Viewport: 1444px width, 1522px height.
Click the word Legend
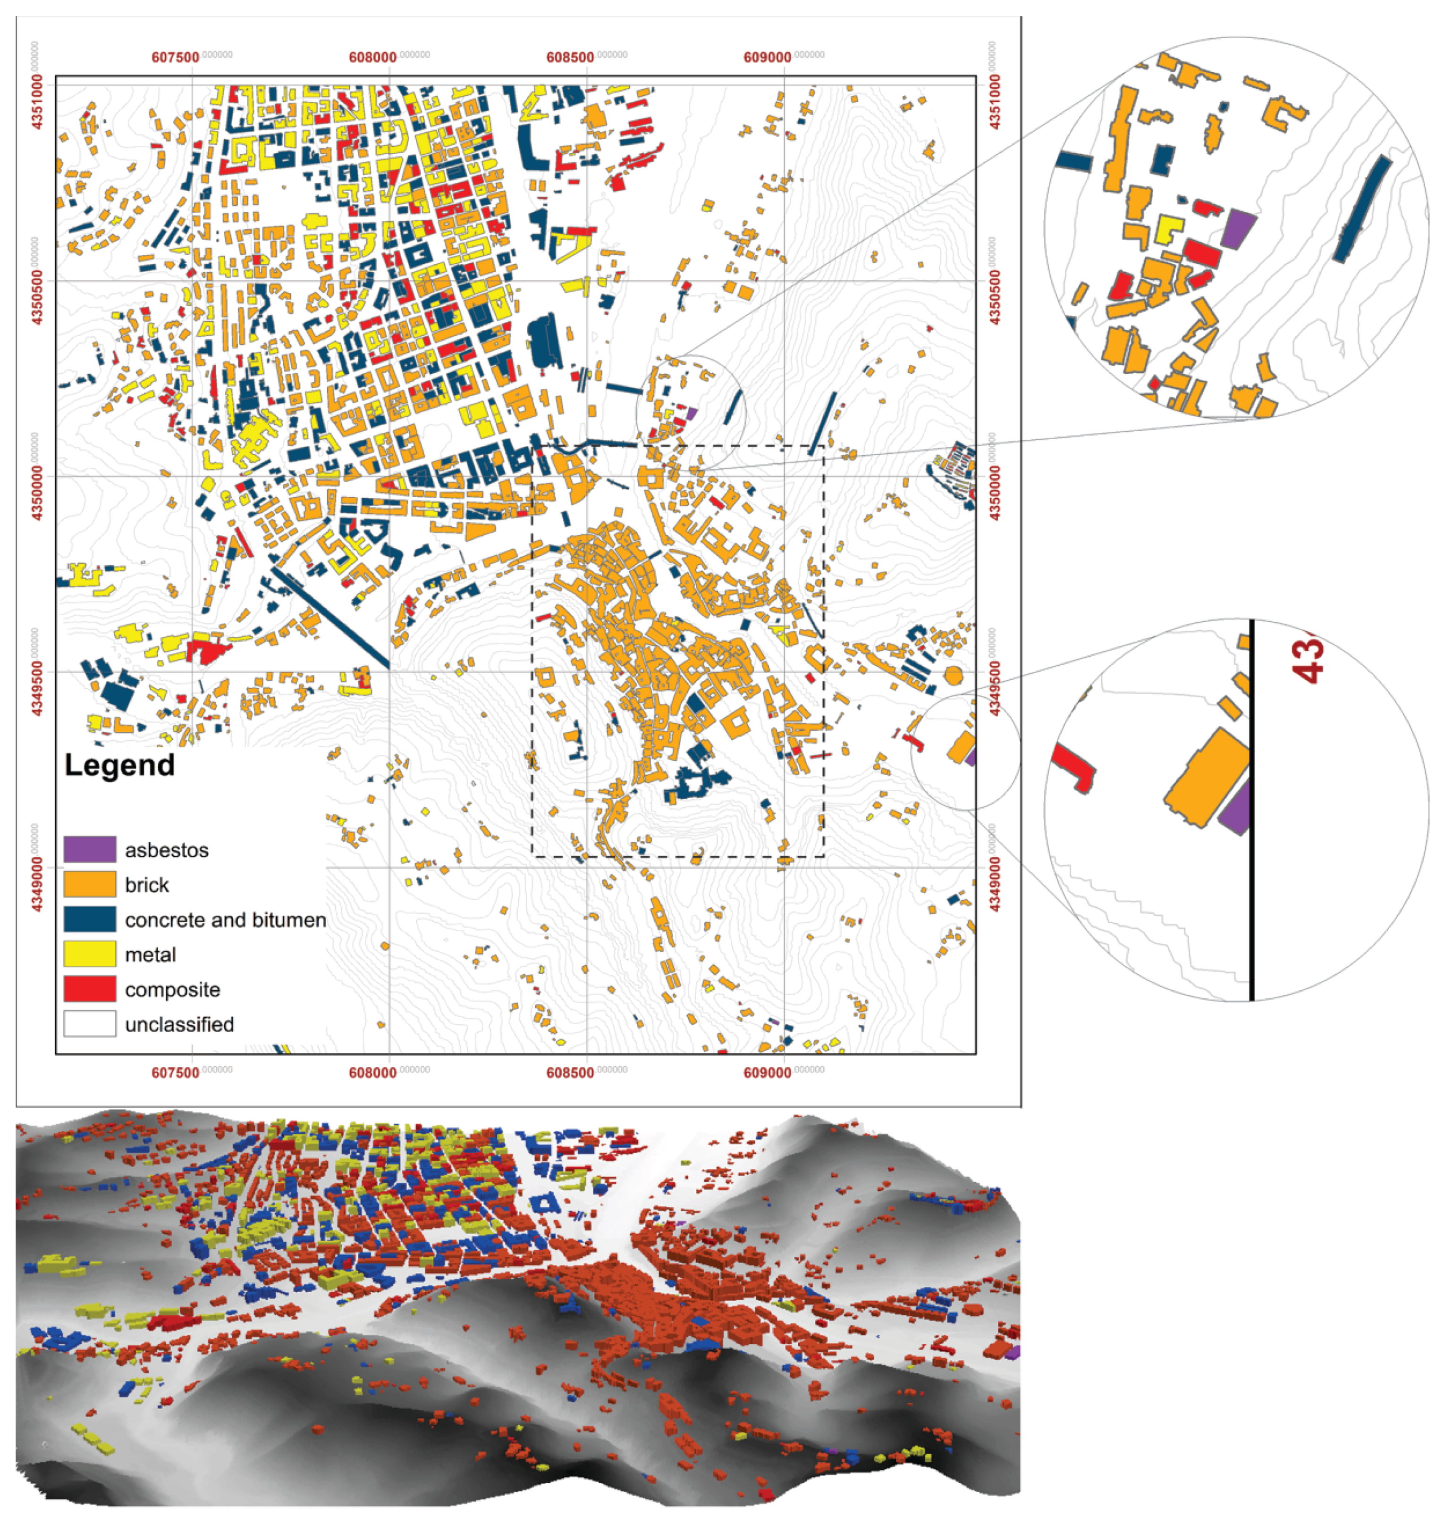click(119, 765)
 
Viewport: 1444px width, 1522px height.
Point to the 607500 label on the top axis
click(176, 58)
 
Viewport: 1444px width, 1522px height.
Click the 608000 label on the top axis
click(372, 58)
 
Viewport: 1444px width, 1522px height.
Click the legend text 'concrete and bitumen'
click(225, 920)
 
